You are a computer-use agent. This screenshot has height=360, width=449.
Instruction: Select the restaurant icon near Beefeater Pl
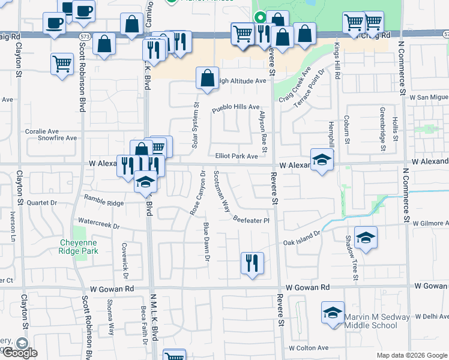pos(252,262)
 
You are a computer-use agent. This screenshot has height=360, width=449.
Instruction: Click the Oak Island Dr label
pos(303,239)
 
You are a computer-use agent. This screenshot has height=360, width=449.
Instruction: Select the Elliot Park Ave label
pos(237,156)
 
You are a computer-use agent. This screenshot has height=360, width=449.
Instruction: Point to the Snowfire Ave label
pos(58,138)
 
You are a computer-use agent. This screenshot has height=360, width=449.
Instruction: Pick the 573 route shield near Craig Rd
pos(85,37)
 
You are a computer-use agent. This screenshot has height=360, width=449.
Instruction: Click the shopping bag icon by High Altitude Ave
pos(207,78)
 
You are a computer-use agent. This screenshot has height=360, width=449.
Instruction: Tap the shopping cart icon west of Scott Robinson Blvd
pos(62,63)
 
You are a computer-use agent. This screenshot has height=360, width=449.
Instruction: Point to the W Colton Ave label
pos(309,348)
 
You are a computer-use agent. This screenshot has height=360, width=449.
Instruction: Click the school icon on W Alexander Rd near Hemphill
pos(322,160)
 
